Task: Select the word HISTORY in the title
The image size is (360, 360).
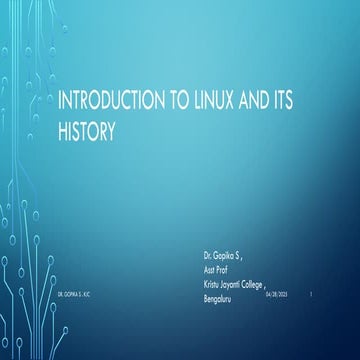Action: [87, 129]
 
